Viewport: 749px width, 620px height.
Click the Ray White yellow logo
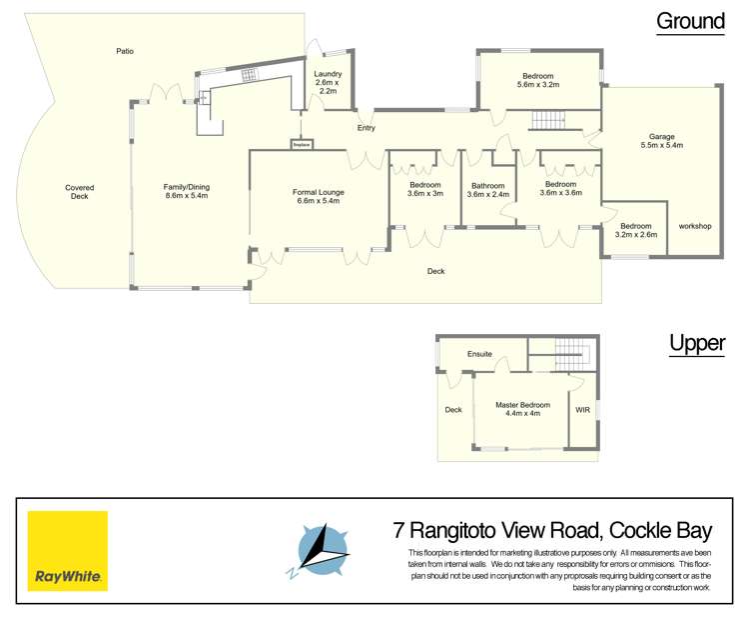click(67, 551)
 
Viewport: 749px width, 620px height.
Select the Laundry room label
click(328, 82)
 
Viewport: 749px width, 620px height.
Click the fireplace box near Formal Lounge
click(302, 144)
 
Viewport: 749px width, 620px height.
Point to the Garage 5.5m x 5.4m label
click(661, 141)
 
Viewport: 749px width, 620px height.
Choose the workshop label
click(695, 226)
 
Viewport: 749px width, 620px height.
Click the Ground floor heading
click(690, 22)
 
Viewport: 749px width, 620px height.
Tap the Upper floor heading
click(697, 343)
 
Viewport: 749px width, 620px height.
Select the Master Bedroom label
click(522, 409)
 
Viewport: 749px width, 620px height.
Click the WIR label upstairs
click(583, 410)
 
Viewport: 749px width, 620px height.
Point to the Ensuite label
click(479, 354)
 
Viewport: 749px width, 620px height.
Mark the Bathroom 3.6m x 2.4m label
click(488, 190)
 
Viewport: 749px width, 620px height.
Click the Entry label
click(367, 128)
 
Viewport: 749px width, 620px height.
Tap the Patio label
click(125, 51)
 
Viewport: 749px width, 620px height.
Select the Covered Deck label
click(80, 192)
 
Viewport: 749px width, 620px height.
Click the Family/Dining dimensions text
click(187, 196)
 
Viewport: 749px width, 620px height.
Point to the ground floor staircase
click(548, 120)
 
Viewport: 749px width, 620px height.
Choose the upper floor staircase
click(573, 354)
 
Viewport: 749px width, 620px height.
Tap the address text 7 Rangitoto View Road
click(495, 531)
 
